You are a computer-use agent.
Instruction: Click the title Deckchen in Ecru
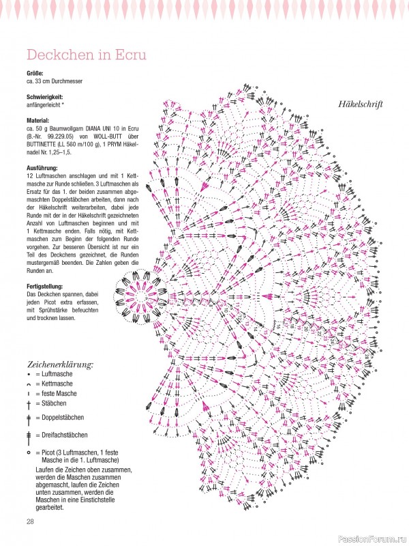(85, 55)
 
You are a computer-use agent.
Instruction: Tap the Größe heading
(35, 73)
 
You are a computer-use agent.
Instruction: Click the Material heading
(38, 120)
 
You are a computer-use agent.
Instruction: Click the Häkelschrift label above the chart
(360, 104)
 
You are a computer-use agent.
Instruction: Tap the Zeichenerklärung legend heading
(60, 364)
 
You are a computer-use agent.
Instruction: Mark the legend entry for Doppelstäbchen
(61, 416)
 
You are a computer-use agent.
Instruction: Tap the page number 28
(31, 522)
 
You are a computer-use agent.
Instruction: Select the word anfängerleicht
(45, 105)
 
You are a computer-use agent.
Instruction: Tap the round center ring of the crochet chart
(140, 298)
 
